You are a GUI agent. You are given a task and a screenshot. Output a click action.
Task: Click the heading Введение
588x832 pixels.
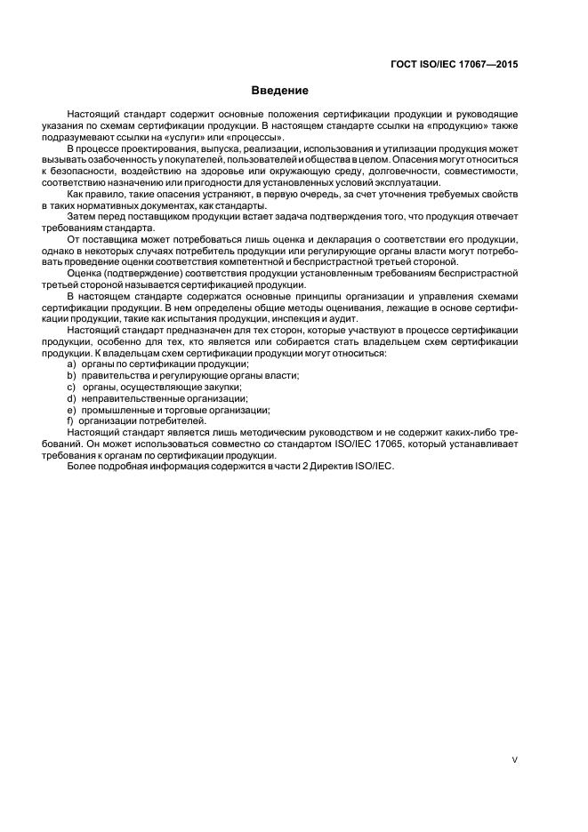point(279,91)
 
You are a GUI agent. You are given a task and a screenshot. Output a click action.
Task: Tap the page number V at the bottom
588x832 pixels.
point(515,760)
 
